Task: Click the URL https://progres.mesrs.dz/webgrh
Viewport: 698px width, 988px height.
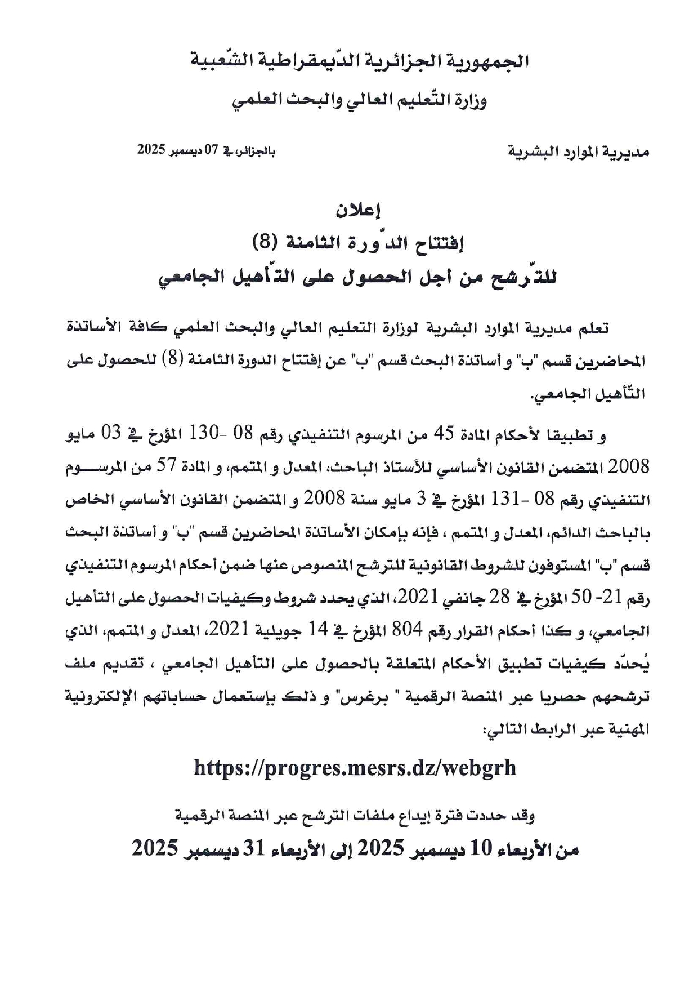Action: [355, 767]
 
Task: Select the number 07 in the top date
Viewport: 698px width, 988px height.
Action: [211, 150]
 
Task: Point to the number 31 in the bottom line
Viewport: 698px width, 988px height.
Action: [254, 848]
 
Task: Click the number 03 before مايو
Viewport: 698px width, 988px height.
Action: [111, 434]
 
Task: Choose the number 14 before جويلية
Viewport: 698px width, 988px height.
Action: [317, 631]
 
